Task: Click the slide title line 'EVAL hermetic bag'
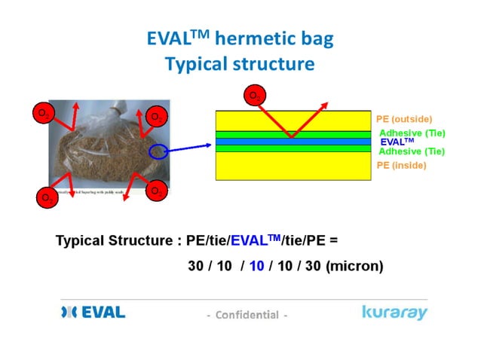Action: click(240, 39)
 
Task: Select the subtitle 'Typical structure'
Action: click(240, 63)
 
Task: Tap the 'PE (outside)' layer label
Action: click(404, 119)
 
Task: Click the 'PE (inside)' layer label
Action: click(401, 165)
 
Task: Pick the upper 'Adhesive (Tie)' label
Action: click(412, 133)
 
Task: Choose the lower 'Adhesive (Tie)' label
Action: click(412, 151)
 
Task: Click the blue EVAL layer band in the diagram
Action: click(293, 142)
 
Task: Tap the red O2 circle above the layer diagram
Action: click(254, 96)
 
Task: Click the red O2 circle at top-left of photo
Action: click(43, 114)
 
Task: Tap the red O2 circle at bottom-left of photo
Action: click(47, 198)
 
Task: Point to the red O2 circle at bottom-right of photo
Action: click(157, 191)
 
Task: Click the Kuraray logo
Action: click(394, 312)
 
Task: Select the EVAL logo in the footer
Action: click(93, 312)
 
